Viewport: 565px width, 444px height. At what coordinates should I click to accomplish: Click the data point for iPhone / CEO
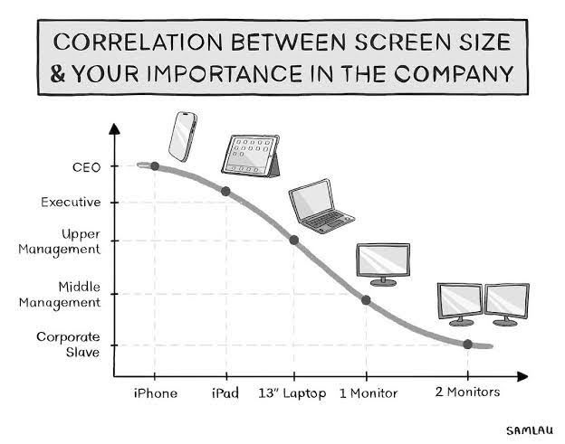click(155, 165)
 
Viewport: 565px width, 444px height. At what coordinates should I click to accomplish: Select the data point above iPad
click(225, 191)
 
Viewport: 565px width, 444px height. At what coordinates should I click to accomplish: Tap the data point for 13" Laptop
click(293, 240)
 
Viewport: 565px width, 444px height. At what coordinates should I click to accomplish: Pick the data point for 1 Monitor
click(366, 299)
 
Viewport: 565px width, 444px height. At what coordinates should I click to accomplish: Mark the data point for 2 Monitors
click(467, 344)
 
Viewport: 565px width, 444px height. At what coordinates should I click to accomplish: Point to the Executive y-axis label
click(71, 202)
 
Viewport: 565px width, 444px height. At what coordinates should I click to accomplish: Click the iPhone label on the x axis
click(156, 393)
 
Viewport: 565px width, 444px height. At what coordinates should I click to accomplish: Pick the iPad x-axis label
click(225, 393)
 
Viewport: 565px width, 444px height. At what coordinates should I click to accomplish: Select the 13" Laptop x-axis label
click(293, 393)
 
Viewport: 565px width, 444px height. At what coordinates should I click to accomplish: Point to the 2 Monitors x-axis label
click(468, 393)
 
